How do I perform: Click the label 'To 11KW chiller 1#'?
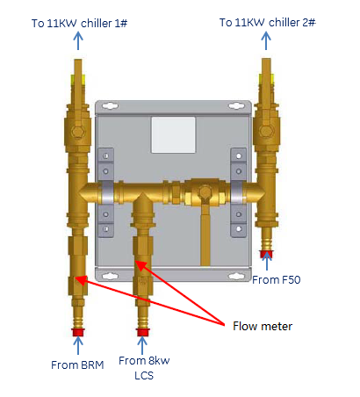[79, 23]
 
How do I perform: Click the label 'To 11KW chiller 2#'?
[268, 22]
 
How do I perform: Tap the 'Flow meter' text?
[263, 326]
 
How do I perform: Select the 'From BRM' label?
[77, 365]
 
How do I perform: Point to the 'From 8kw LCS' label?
[144, 368]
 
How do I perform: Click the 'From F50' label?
[277, 280]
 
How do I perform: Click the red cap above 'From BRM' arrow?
[78, 332]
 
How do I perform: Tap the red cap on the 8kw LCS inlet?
[142, 332]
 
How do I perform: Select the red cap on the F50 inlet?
[266, 254]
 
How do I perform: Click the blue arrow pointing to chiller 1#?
[78, 40]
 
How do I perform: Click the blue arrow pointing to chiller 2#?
[266, 40]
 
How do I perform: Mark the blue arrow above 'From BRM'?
[78, 346]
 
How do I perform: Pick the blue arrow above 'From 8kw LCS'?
[142, 346]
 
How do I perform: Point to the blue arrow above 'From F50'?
[267, 262]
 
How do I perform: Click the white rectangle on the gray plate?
[173, 135]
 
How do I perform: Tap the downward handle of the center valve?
[205, 235]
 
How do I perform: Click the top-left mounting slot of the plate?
[110, 105]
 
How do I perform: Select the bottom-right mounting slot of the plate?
[236, 276]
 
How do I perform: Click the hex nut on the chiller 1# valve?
[78, 132]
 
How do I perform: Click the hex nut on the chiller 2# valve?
[266, 131]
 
